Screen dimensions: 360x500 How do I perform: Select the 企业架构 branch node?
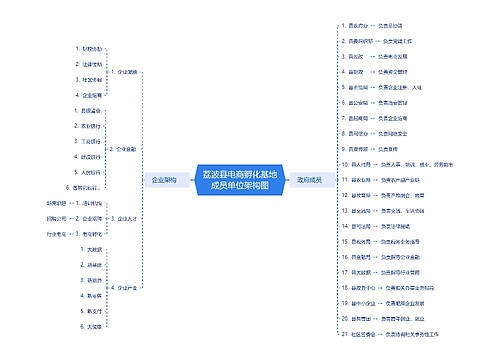(x=165, y=180)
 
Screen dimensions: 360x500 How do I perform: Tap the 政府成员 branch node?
(x=310, y=180)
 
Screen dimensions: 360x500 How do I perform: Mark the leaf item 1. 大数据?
(x=93, y=249)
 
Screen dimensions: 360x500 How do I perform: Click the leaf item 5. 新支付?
(x=93, y=310)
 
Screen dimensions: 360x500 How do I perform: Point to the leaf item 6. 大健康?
(x=93, y=326)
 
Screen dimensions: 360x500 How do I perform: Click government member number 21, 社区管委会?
(x=356, y=332)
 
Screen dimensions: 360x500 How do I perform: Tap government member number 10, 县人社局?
(x=356, y=163)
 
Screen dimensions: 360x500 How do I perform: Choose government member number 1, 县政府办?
(x=356, y=26)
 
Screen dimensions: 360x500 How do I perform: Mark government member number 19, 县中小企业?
(x=357, y=301)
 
